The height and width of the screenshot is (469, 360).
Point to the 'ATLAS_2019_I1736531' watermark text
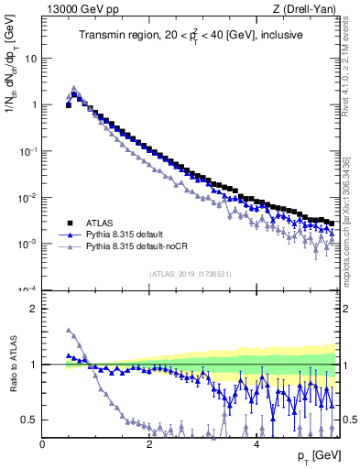[190, 273]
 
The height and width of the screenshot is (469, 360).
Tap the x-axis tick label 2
[149, 443]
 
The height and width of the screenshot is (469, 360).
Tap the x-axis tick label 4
[256, 443]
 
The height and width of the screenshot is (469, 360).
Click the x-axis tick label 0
[43, 443]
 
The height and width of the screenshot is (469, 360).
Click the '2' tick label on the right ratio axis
[346, 309]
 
